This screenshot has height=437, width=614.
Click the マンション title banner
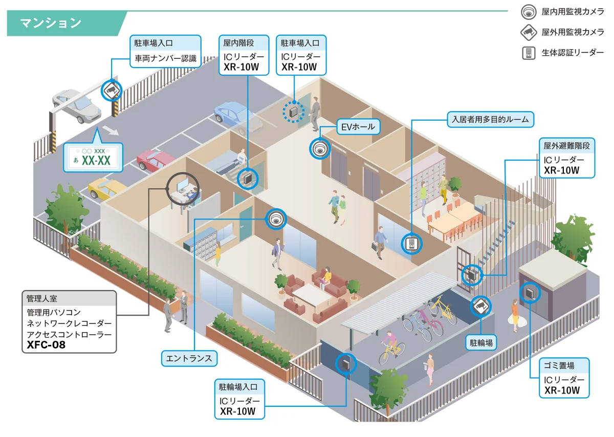tap(51, 23)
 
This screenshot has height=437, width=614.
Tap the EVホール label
tap(358, 126)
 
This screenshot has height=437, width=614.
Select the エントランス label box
tap(189, 358)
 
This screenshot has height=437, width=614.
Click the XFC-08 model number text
tap(43, 345)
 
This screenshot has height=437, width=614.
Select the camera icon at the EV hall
tap(320, 148)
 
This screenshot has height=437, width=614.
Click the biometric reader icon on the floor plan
tap(411, 244)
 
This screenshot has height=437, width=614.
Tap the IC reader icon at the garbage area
tap(529, 293)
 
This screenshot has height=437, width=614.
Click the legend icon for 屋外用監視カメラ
tap(528, 32)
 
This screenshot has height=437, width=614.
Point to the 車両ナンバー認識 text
tap(165, 58)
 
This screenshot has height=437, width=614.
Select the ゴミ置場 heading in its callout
tap(559, 366)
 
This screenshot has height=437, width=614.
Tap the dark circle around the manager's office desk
tap(183, 188)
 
